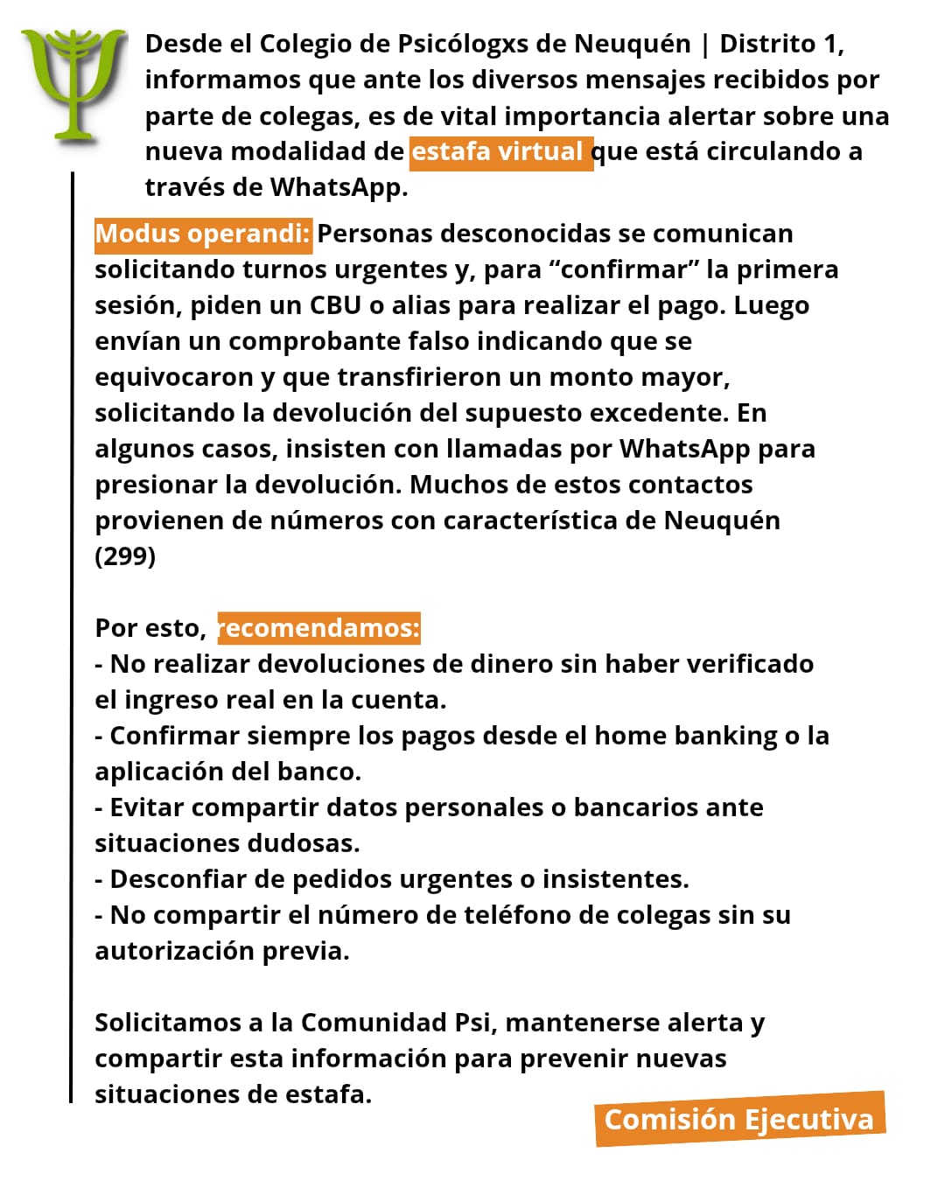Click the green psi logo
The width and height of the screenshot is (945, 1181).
pos(73,83)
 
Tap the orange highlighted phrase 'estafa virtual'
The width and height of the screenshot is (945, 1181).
pos(500,152)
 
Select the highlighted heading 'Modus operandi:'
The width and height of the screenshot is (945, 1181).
pos(203,234)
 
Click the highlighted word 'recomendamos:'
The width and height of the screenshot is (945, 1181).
pos(319,628)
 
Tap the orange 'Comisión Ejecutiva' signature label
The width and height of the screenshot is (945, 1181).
pos(739,1119)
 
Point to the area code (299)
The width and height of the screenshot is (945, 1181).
pos(125,556)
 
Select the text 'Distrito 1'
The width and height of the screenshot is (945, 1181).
pos(780,44)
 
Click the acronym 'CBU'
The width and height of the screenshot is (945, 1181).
pos(335,305)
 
